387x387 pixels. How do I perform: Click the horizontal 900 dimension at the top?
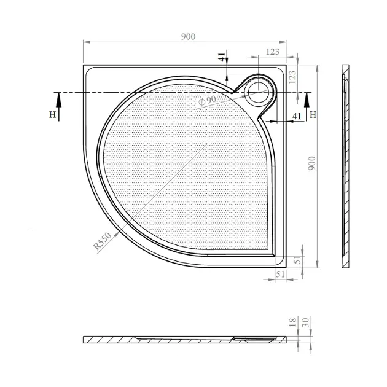click(188, 37)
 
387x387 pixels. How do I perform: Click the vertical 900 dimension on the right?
click(312, 163)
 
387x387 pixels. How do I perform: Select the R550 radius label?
click(103, 241)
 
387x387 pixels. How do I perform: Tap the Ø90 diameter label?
click(208, 100)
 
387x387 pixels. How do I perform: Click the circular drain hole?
click(258, 90)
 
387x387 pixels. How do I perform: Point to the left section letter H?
click(52, 114)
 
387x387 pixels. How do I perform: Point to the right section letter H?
click(313, 114)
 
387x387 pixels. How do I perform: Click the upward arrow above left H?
click(59, 107)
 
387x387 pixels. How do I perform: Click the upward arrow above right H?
click(307, 107)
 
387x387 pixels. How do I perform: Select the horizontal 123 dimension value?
click(273, 52)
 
